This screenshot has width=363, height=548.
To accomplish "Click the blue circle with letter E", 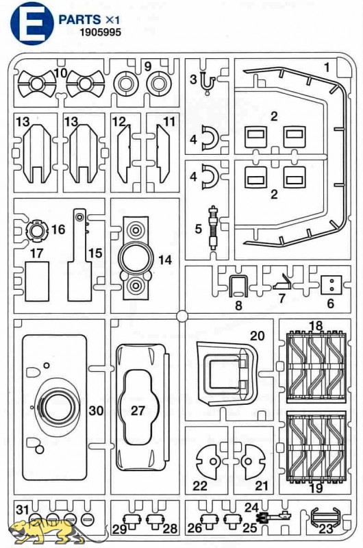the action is tap(32, 23).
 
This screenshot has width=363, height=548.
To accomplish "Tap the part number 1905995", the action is tap(100, 32).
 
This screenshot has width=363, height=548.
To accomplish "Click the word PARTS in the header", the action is tap(80, 20).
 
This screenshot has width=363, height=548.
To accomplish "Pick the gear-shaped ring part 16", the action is tap(37, 229).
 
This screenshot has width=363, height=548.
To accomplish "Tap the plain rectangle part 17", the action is tap(37, 282).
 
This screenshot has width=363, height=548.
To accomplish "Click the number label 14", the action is tap(165, 260).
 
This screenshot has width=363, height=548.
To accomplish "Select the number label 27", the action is tap(138, 410).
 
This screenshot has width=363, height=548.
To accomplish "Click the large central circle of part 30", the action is tap(58, 409).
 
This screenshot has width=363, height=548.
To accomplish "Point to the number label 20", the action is tap(258, 336).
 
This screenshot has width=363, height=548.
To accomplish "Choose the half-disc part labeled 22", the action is tap(208, 462).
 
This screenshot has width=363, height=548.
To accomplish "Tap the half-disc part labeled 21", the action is tap(253, 462).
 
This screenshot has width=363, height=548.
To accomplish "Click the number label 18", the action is tap(316, 326).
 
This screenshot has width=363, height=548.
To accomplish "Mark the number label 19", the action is tap(316, 488).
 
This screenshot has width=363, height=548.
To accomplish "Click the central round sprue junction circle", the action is tap(182, 316).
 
